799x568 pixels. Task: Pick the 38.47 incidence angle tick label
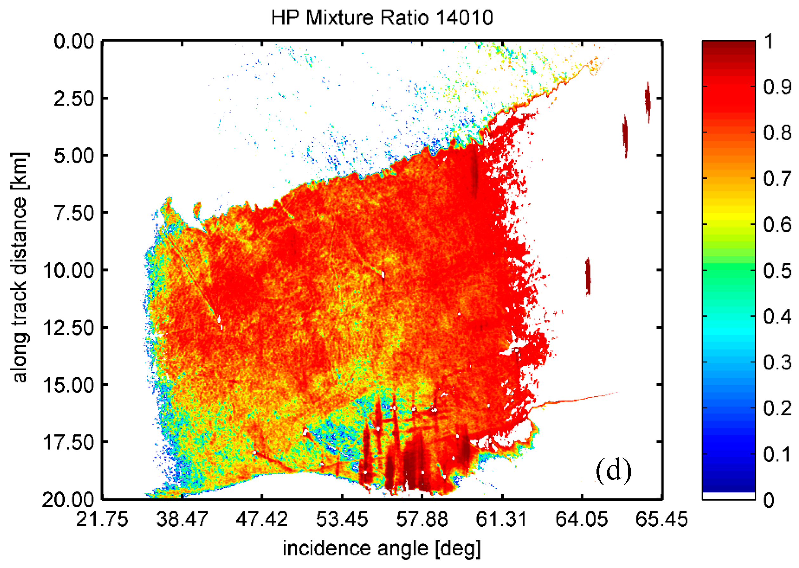pyautogui.click(x=182, y=519)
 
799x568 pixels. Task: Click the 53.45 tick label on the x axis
pyautogui.click(x=342, y=519)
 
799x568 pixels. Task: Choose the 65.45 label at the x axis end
pyautogui.click(x=661, y=519)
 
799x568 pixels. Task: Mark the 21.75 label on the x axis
pyautogui.click(x=102, y=519)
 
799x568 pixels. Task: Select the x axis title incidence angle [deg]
pyautogui.click(x=382, y=548)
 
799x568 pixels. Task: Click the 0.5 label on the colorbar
pyautogui.click(x=777, y=270)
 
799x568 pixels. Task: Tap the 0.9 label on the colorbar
pyautogui.click(x=777, y=86)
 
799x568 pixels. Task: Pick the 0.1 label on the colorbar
pyautogui.click(x=777, y=454)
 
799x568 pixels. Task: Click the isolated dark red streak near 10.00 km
pyautogui.click(x=588, y=276)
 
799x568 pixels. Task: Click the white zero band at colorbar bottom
pyautogui.click(x=729, y=496)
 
